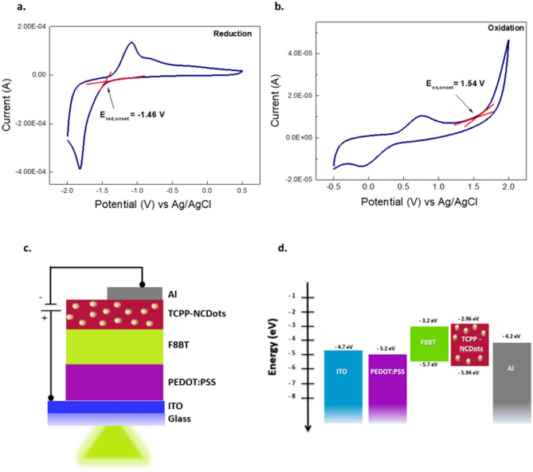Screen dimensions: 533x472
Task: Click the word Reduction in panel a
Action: (x=233, y=33)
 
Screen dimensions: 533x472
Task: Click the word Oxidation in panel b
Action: (x=506, y=28)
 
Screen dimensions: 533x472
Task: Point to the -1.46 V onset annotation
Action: (x=132, y=115)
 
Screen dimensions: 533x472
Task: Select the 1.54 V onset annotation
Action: (x=455, y=84)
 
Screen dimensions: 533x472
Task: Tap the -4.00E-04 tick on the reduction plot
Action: (x=30, y=171)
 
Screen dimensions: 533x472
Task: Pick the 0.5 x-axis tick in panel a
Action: (x=242, y=191)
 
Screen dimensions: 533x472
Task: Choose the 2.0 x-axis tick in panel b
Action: (x=508, y=187)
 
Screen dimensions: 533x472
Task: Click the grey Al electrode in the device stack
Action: (x=135, y=293)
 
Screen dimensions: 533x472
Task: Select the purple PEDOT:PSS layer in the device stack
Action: (x=115, y=382)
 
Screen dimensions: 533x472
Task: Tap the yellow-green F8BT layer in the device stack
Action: (x=115, y=347)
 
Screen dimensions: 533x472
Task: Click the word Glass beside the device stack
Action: (x=179, y=419)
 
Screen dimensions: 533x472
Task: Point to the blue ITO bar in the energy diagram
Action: (x=343, y=387)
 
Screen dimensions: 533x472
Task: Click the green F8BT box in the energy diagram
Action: (x=429, y=344)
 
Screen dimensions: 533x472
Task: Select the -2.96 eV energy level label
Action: (x=468, y=319)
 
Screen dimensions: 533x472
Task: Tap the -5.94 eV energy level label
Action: (x=468, y=373)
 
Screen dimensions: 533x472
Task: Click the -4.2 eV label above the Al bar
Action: (x=511, y=336)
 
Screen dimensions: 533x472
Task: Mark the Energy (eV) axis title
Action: (x=272, y=347)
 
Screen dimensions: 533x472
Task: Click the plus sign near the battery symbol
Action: (x=44, y=318)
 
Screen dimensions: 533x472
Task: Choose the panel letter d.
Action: (x=282, y=248)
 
